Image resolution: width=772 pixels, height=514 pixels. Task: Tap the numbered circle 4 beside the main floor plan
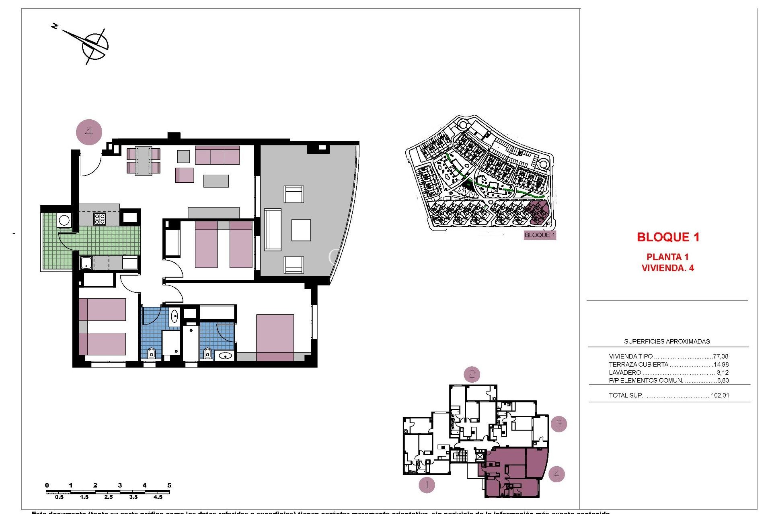(89, 132)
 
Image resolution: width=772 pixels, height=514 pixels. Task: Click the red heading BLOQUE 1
(668, 237)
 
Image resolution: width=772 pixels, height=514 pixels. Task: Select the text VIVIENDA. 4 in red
(667, 268)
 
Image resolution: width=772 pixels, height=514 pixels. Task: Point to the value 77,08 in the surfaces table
(721, 356)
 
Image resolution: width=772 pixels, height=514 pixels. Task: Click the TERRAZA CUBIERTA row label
(639, 365)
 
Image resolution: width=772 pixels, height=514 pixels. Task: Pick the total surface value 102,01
(720, 395)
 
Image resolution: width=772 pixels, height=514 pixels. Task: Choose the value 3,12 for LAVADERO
(723, 373)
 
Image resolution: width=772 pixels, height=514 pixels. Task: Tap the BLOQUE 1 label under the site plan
(540, 235)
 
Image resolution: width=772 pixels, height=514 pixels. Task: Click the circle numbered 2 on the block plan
(472, 375)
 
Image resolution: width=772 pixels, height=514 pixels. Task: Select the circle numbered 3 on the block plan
(558, 424)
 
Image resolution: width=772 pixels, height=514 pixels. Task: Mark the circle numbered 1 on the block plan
(427, 485)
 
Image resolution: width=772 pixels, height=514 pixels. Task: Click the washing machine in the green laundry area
(64, 220)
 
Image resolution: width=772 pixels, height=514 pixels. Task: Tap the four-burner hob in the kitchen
(100, 219)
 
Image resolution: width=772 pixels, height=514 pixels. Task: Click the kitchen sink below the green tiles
(86, 263)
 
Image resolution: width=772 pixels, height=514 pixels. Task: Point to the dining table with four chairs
(143, 161)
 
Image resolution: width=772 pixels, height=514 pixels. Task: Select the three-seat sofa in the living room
(217, 155)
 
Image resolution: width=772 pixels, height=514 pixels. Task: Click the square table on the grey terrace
(301, 230)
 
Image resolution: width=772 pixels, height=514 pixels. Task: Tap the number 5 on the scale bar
(169, 485)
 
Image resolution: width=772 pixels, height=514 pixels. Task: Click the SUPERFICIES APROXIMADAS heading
(667, 341)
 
